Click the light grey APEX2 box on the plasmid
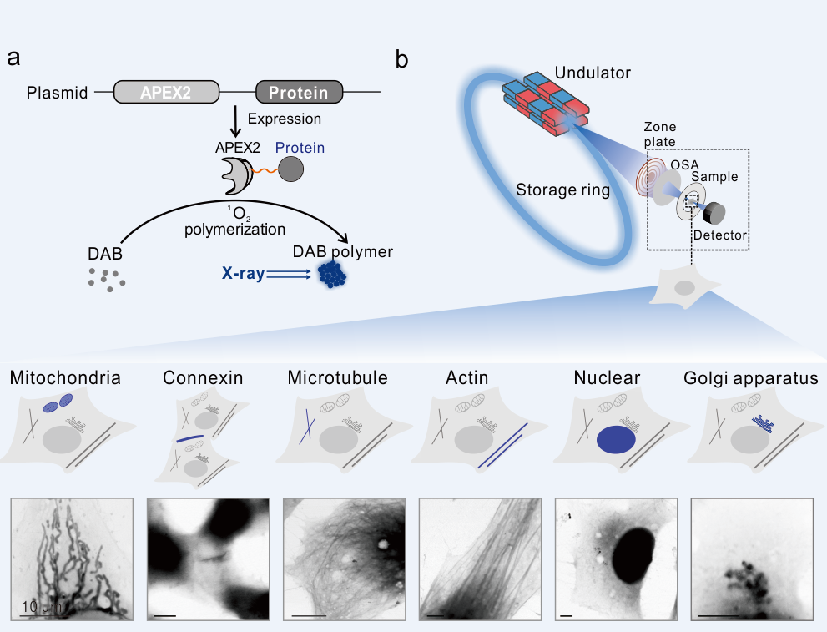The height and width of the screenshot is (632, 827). click(x=166, y=92)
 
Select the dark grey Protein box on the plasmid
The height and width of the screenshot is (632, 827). click(x=298, y=92)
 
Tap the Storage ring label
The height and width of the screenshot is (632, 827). click(x=562, y=190)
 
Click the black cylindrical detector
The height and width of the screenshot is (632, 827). click(x=713, y=213)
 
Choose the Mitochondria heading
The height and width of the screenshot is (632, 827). click(x=65, y=378)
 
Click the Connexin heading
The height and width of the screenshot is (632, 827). click(x=203, y=378)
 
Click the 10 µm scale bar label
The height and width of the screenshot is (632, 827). click(x=39, y=607)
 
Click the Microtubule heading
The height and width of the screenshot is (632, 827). click(x=337, y=378)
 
